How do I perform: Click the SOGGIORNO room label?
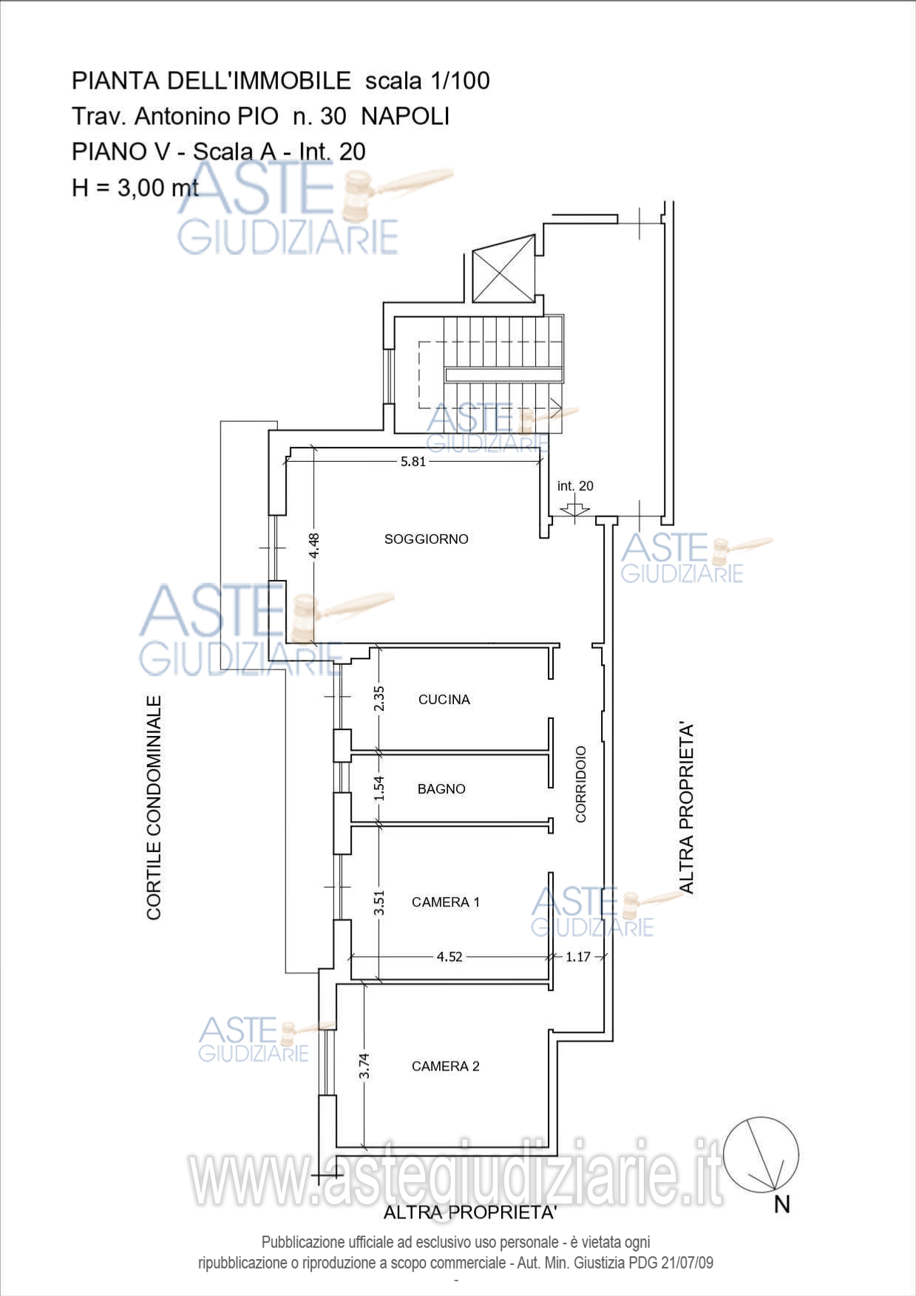pyautogui.click(x=427, y=539)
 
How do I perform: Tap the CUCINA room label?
pyautogui.click(x=444, y=700)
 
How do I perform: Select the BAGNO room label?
pyautogui.click(x=441, y=789)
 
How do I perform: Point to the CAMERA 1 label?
pyautogui.click(x=446, y=902)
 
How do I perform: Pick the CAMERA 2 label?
pyautogui.click(x=446, y=1066)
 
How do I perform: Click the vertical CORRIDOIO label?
pyautogui.click(x=581, y=784)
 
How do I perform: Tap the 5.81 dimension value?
pyautogui.click(x=413, y=462)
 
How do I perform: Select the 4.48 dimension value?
pyautogui.click(x=314, y=546)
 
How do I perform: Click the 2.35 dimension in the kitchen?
pyautogui.click(x=379, y=699)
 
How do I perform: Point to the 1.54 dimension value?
pyautogui.click(x=379, y=788)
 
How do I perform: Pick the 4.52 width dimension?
pyautogui.click(x=449, y=957)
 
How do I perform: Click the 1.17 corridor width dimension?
pyautogui.click(x=578, y=957)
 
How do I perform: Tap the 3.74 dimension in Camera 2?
pyautogui.click(x=364, y=1065)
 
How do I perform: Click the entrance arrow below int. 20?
pyautogui.click(x=574, y=509)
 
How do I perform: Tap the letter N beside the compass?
pyautogui.click(x=782, y=1205)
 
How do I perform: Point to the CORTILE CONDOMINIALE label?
pyautogui.click(x=154, y=808)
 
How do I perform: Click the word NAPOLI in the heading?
pyautogui.click(x=405, y=117)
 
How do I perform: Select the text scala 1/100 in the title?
pyautogui.click(x=427, y=81)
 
